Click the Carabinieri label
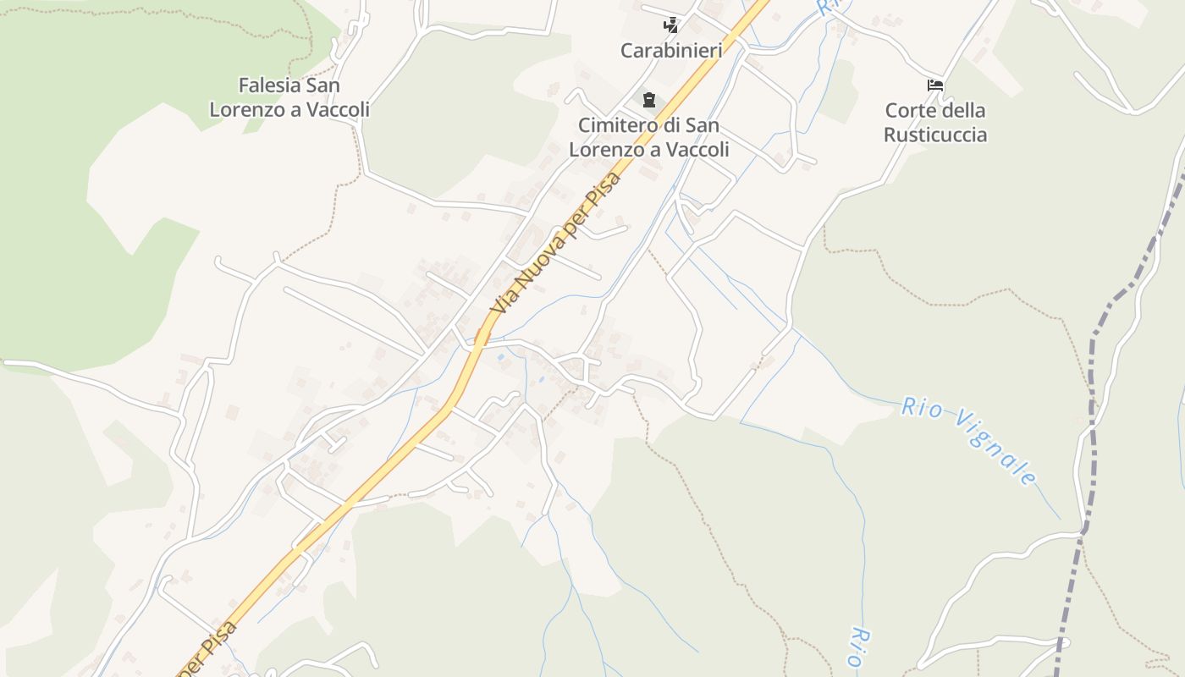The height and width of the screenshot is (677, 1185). [671, 51]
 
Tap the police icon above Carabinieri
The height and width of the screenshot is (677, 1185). [671, 25]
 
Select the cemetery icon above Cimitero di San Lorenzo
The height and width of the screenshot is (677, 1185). [649, 100]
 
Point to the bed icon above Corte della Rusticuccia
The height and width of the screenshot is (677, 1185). [935, 85]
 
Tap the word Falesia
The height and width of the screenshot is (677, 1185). [270, 85]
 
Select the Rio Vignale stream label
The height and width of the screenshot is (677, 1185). [969, 440]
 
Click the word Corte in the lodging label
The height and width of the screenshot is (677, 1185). [908, 111]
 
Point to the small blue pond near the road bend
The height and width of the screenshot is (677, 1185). [502, 357]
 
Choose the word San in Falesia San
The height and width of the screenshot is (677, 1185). [323, 85]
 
